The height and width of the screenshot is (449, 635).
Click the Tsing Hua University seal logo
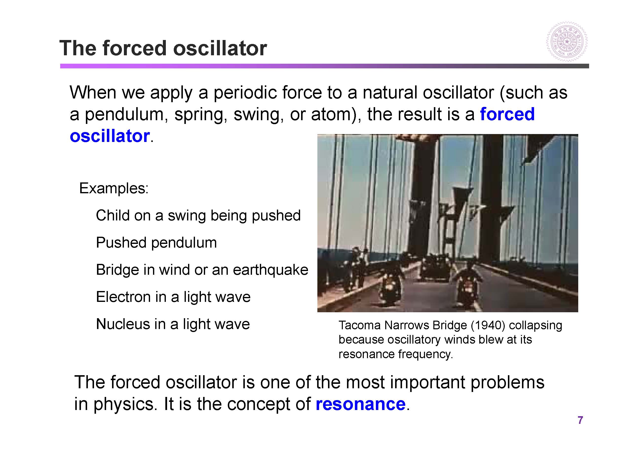tap(567, 42)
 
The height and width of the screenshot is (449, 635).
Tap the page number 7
tap(580, 420)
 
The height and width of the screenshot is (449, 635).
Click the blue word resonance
tap(360, 404)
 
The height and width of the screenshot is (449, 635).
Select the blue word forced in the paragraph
tap(507, 114)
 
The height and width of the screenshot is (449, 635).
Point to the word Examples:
tap(114, 188)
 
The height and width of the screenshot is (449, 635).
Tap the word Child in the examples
tap(113, 215)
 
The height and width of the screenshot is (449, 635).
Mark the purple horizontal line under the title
tap(325, 66)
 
